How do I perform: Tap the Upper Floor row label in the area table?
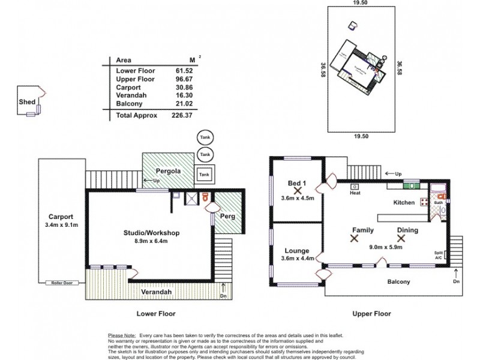pos(133,79)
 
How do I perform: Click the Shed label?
pos(27,103)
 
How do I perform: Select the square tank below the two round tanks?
pos(205,175)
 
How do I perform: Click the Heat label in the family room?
pos(355,194)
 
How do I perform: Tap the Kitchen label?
pos(404,203)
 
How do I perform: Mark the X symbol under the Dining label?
pos(401,238)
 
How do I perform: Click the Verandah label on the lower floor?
pos(157,292)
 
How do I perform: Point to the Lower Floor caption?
pos(155,313)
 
